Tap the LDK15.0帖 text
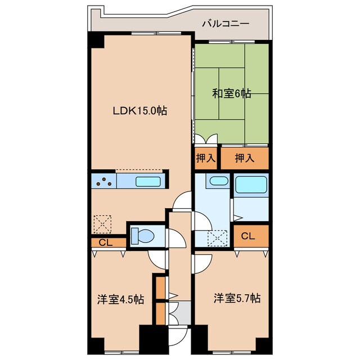click(x=141, y=111)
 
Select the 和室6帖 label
click(x=232, y=93)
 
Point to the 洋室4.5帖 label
click(x=119, y=299)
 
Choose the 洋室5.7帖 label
click(x=236, y=298)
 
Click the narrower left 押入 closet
click(x=205, y=158)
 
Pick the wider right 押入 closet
click(x=244, y=158)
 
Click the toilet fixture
click(x=142, y=235)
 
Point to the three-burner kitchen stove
click(x=103, y=182)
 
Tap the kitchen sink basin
click(x=148, y=182)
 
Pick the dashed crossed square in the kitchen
click(x=103, y=224)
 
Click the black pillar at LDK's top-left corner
click(x=95, y=40)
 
